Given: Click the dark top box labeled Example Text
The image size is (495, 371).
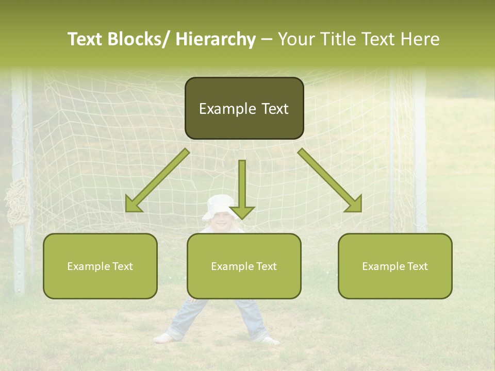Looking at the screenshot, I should click(x=244, y=108).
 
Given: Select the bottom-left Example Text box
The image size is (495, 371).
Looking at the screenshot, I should click(x=100, y=266).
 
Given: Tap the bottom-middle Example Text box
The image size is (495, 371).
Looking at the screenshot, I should click(x=244, y=266).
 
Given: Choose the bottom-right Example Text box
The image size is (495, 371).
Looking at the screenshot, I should click(x=395, y=266).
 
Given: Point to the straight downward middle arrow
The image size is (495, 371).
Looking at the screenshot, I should click(x=242, y=189).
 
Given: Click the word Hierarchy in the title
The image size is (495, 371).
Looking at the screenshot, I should click(x=216, y=39).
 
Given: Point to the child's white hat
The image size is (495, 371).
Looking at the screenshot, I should click(x=219, y=205).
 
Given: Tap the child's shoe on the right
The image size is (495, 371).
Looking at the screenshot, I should click(x=269, y=340).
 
